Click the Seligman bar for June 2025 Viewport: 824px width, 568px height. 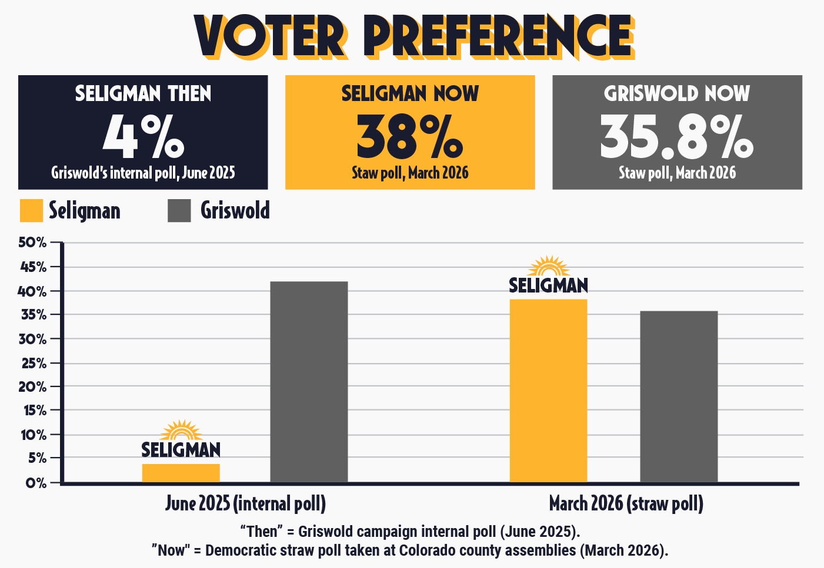point(181,473)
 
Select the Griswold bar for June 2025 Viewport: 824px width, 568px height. point(309,382)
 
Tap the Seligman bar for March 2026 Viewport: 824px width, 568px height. point(548,391)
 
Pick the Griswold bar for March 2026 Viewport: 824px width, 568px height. point(679,396)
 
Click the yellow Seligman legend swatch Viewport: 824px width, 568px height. point(31,211)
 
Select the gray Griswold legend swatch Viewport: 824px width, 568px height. point(179,211)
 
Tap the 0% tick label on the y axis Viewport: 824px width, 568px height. point(35,483)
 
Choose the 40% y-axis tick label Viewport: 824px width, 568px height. point(32,291)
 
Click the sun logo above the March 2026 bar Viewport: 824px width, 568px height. point(549,266)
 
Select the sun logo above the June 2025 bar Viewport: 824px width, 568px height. point(181,431)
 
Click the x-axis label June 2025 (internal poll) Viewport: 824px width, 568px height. point(245,503)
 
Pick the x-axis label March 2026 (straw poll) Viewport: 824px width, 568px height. point(626,503)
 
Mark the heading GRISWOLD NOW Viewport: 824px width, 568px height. point(677,93)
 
